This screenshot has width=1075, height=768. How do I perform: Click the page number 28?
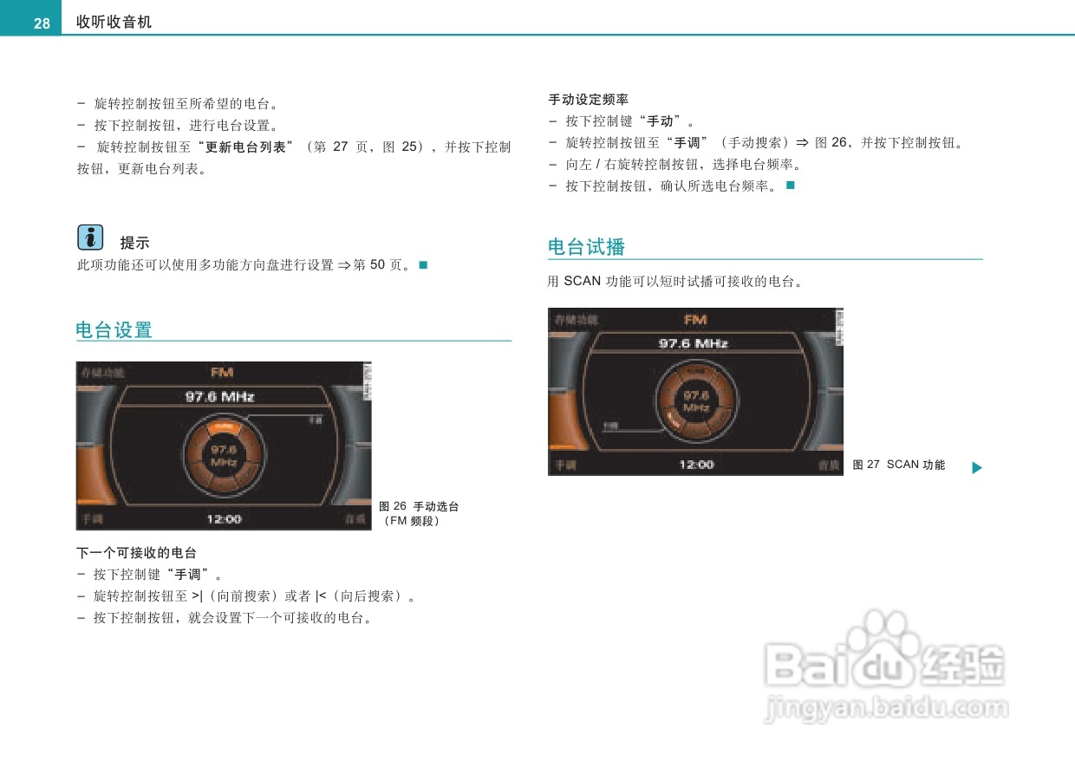click(42, 23)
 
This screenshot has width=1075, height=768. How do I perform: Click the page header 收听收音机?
click(114, 23)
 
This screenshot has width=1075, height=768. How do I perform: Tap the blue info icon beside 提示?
click(90, 237)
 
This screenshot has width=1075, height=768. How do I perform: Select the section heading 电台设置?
click(114, 330)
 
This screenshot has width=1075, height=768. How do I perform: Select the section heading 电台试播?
click(586, 247)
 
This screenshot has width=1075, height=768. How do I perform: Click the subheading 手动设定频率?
click(589, 100)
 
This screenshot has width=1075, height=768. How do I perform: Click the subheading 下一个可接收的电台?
click(136, 552)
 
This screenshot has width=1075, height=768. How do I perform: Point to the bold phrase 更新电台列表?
click(245, 147)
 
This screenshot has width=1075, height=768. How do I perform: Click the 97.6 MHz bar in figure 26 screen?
click(220, 397)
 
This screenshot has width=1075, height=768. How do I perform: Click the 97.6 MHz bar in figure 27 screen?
click(694, 343)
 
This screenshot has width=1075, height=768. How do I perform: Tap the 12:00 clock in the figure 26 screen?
click(224, 519)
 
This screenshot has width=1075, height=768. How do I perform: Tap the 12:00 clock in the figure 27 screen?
click(696, 465)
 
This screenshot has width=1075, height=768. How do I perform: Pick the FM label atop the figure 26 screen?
click(223, 373)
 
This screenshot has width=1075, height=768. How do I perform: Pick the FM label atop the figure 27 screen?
click(695, 320)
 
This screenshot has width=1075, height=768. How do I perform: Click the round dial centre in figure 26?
click(224, 456)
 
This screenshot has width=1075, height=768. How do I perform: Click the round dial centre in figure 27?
click(696, 401)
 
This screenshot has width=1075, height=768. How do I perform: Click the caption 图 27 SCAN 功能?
click(898, 465)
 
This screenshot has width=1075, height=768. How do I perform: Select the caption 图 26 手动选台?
click(419, 506)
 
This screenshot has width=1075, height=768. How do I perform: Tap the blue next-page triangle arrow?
click(977, 468)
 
